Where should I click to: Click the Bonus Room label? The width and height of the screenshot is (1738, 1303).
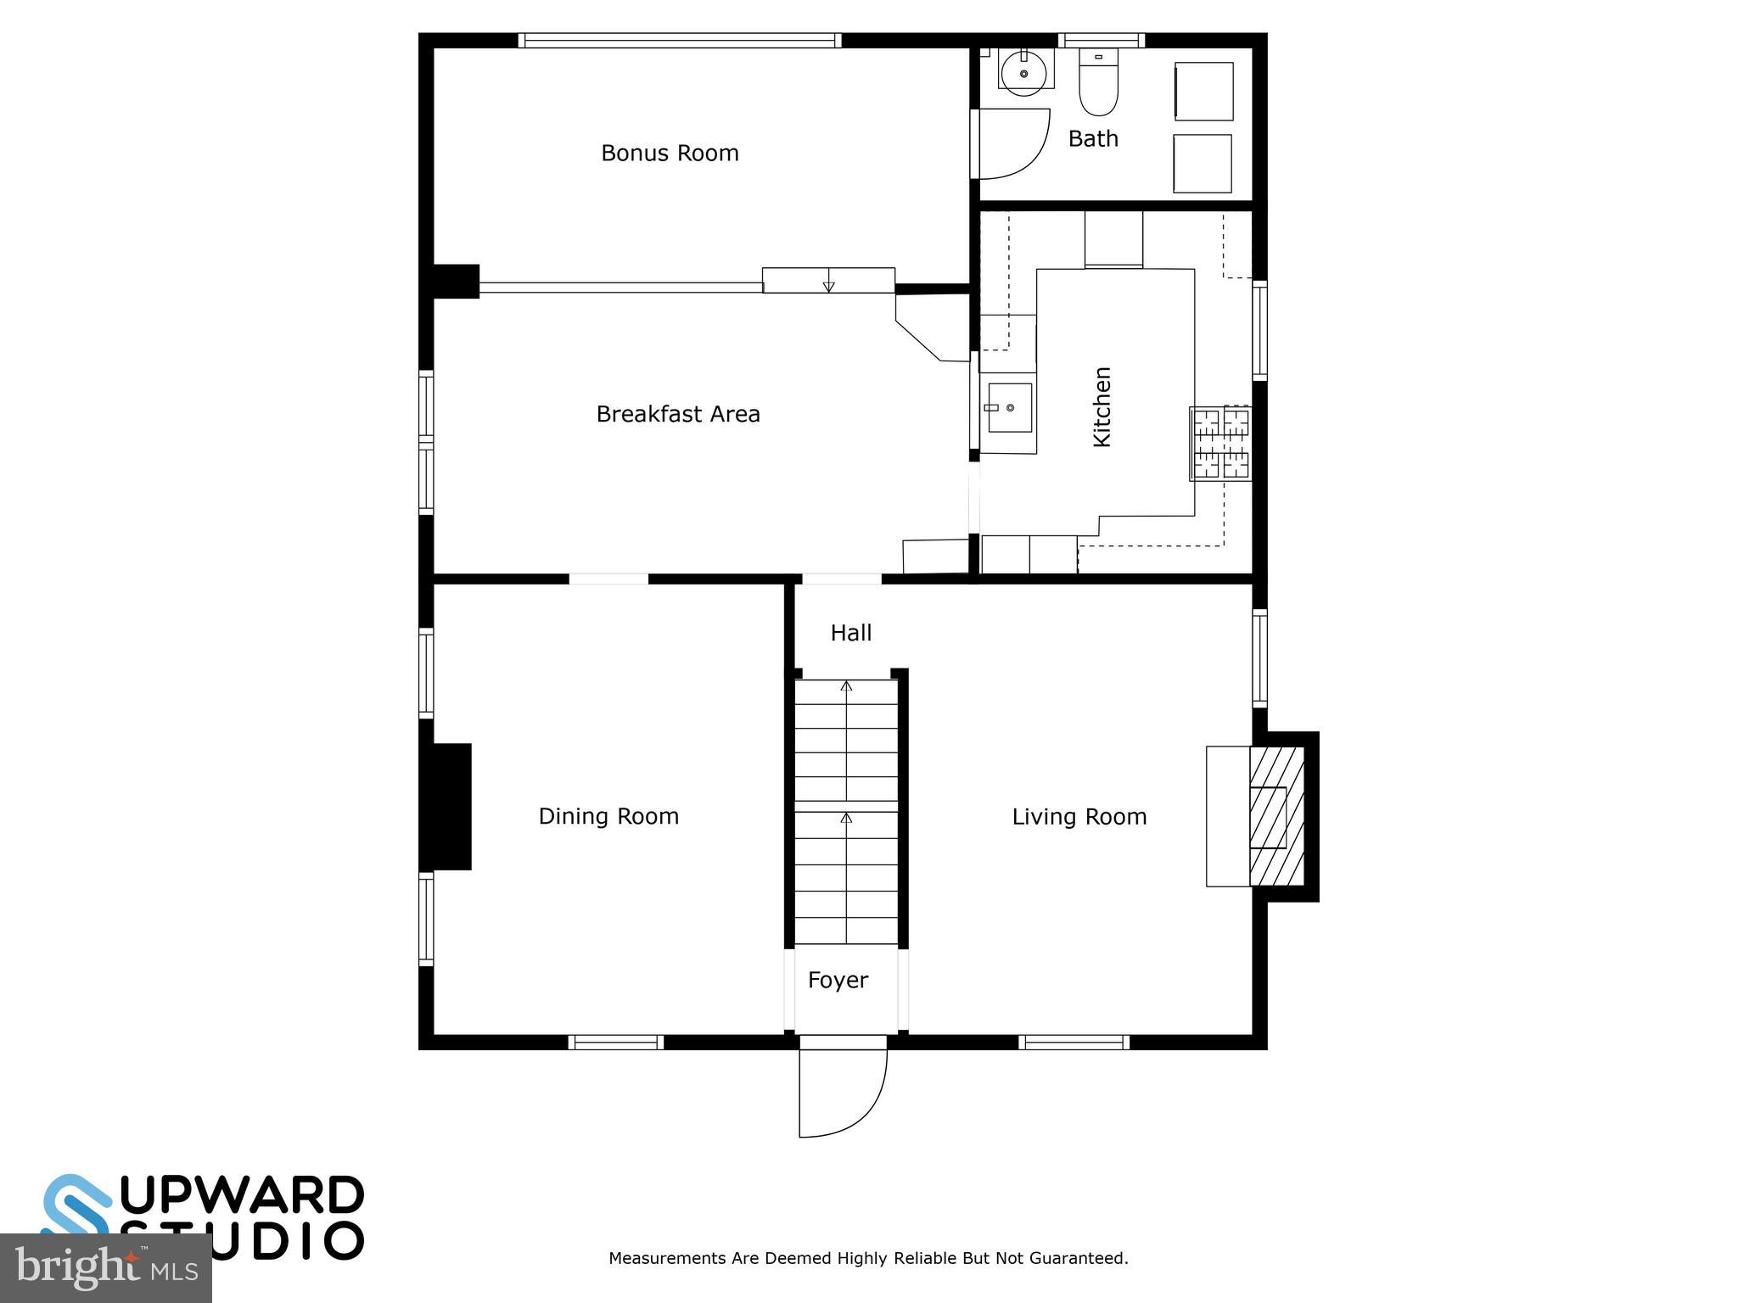click(670, 154)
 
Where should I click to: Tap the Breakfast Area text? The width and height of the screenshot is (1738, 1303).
click(677, 414)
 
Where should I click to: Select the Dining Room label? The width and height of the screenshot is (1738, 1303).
click(608, 816)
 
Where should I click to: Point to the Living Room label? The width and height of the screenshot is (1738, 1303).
click(1079, 817)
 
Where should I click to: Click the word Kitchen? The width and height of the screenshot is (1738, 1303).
click(1102, 406)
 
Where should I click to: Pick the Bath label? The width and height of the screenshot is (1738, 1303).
click(1093, 139)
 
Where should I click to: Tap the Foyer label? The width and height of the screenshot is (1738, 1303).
click(838, 981)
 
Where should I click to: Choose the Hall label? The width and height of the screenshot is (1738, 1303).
click(850, 633)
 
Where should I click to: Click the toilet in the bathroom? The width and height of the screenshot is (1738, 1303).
click(1099, 83)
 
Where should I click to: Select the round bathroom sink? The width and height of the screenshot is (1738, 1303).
click(1024, 73)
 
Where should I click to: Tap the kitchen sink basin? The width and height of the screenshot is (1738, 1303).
click(1010, 408)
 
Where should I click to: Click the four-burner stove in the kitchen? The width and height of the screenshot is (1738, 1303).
click(1220, 443)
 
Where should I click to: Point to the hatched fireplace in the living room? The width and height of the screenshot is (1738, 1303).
click(1276, 816)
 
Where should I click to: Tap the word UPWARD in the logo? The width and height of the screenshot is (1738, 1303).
click(243, 1195)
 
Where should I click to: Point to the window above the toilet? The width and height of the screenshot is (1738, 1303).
click(1102, 40)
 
